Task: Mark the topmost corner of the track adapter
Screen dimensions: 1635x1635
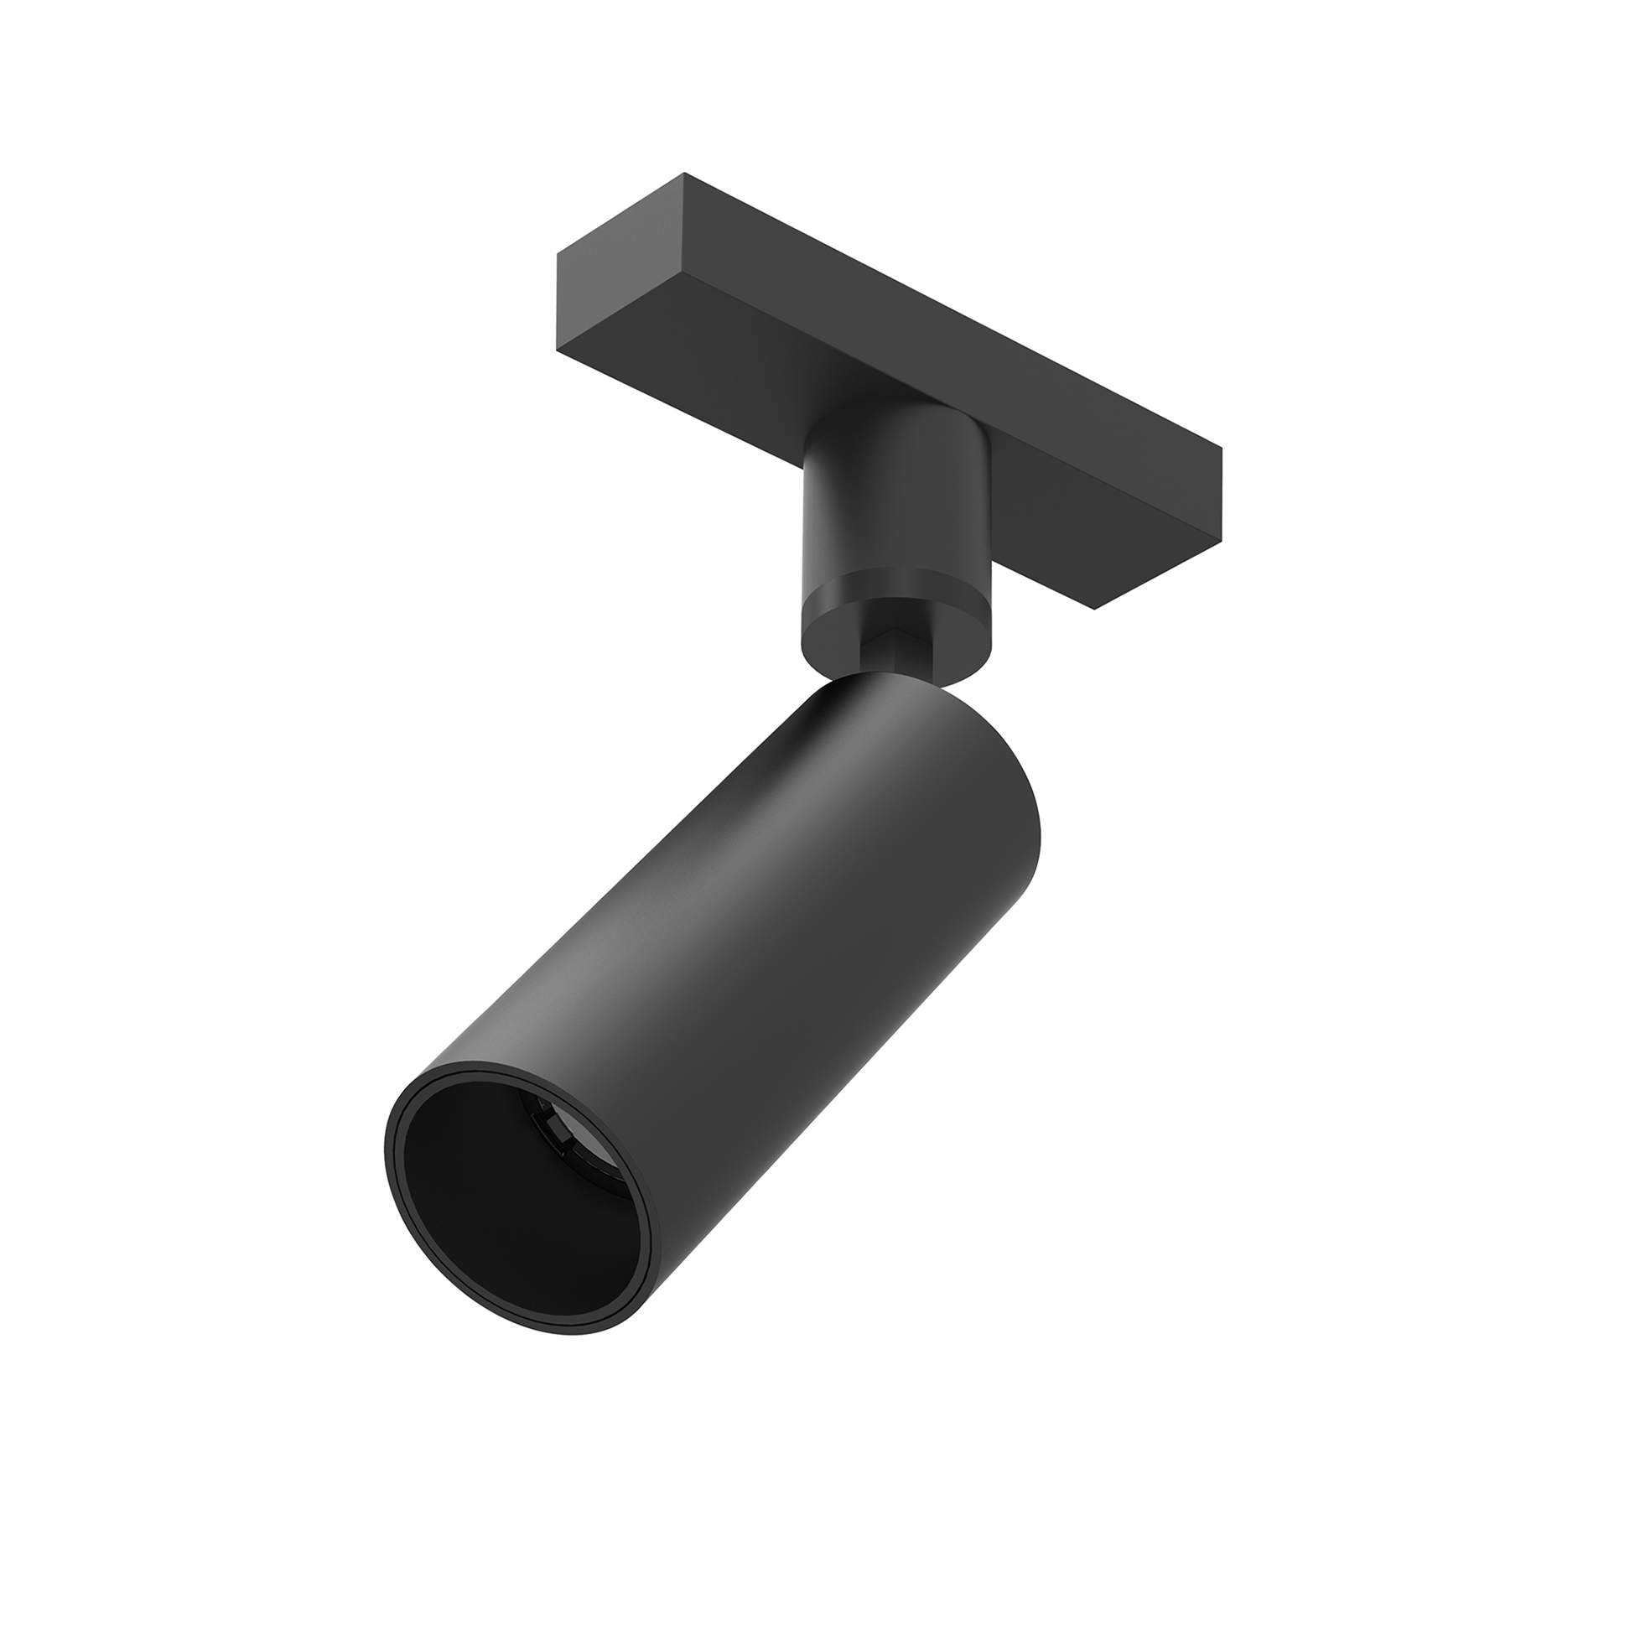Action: [x=684, y=174]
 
